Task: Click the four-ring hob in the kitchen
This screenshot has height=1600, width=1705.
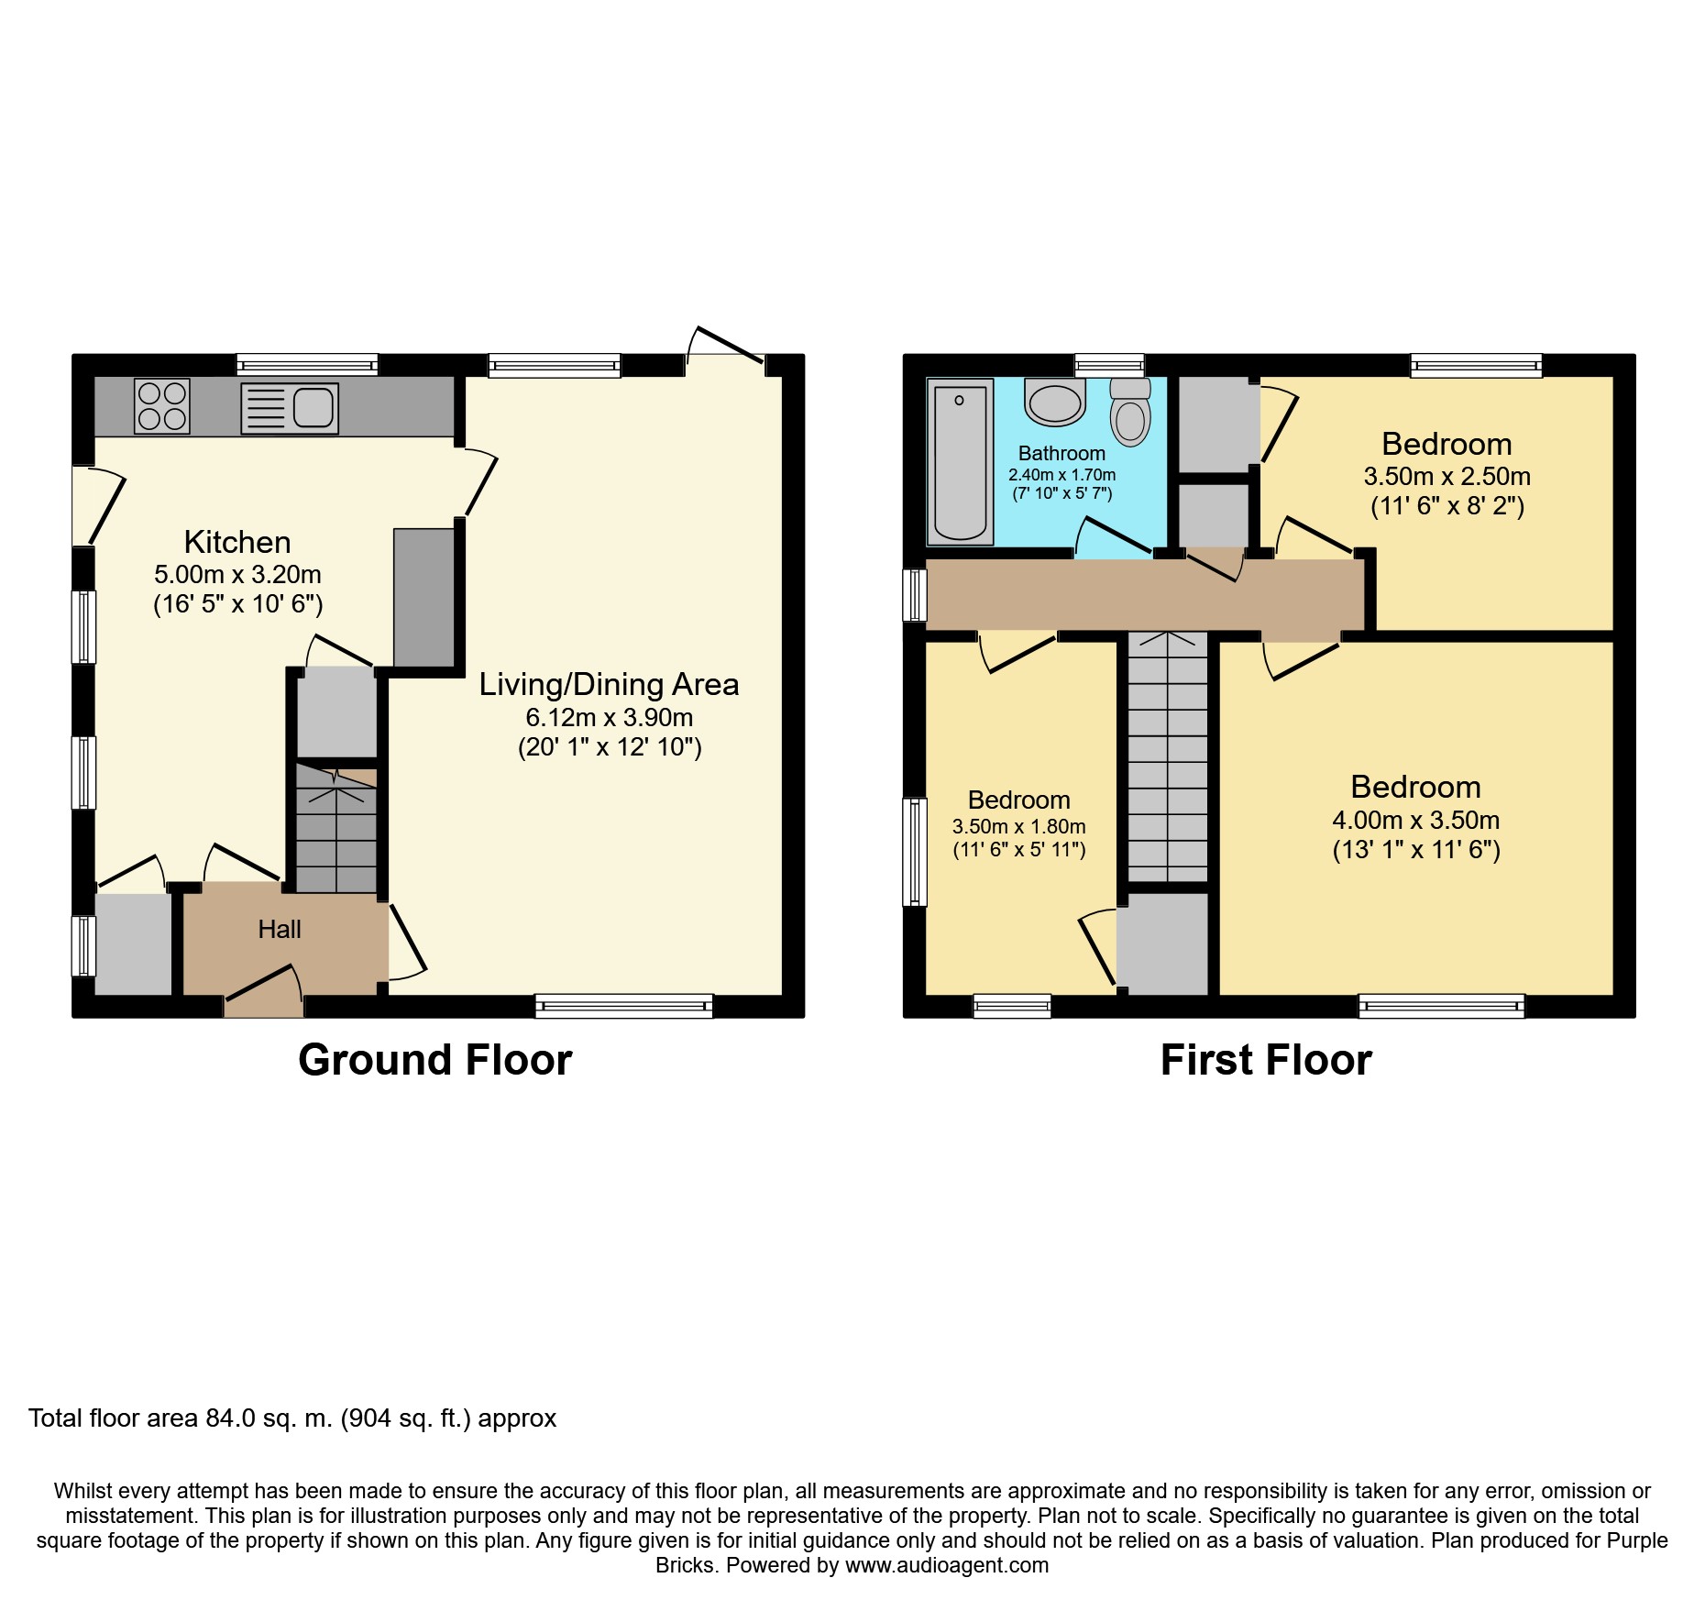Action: coord(162,406)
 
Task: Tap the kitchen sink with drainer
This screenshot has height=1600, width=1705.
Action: coord(290,408)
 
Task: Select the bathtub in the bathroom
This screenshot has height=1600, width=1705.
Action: coord(961,461)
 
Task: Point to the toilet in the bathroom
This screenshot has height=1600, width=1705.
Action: coord(1130,412)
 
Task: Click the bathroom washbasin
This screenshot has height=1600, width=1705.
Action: coord(1055,403)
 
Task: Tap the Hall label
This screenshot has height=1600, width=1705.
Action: coord(280,930)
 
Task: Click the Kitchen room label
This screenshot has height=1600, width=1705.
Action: coord(237,542)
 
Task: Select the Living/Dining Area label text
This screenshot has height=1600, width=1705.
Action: coord(609,685)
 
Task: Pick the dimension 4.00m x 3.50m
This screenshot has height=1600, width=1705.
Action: coord(1416,821)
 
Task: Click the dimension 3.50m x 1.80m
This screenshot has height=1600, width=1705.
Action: coord(1019,827)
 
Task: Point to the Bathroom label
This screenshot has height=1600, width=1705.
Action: coord(1061,454)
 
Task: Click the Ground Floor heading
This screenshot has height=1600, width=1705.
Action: coord(435,1060)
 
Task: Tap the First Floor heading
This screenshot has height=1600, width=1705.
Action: coord(1266,1060)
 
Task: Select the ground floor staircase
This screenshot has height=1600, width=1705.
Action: coord(336,829)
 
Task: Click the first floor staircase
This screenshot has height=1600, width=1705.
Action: coord(1168,756)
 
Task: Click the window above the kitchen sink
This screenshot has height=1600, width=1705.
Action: coord(307,365)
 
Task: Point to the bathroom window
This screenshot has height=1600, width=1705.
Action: coord(1109,365)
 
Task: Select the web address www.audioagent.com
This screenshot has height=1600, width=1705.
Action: coord(947,1565)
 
